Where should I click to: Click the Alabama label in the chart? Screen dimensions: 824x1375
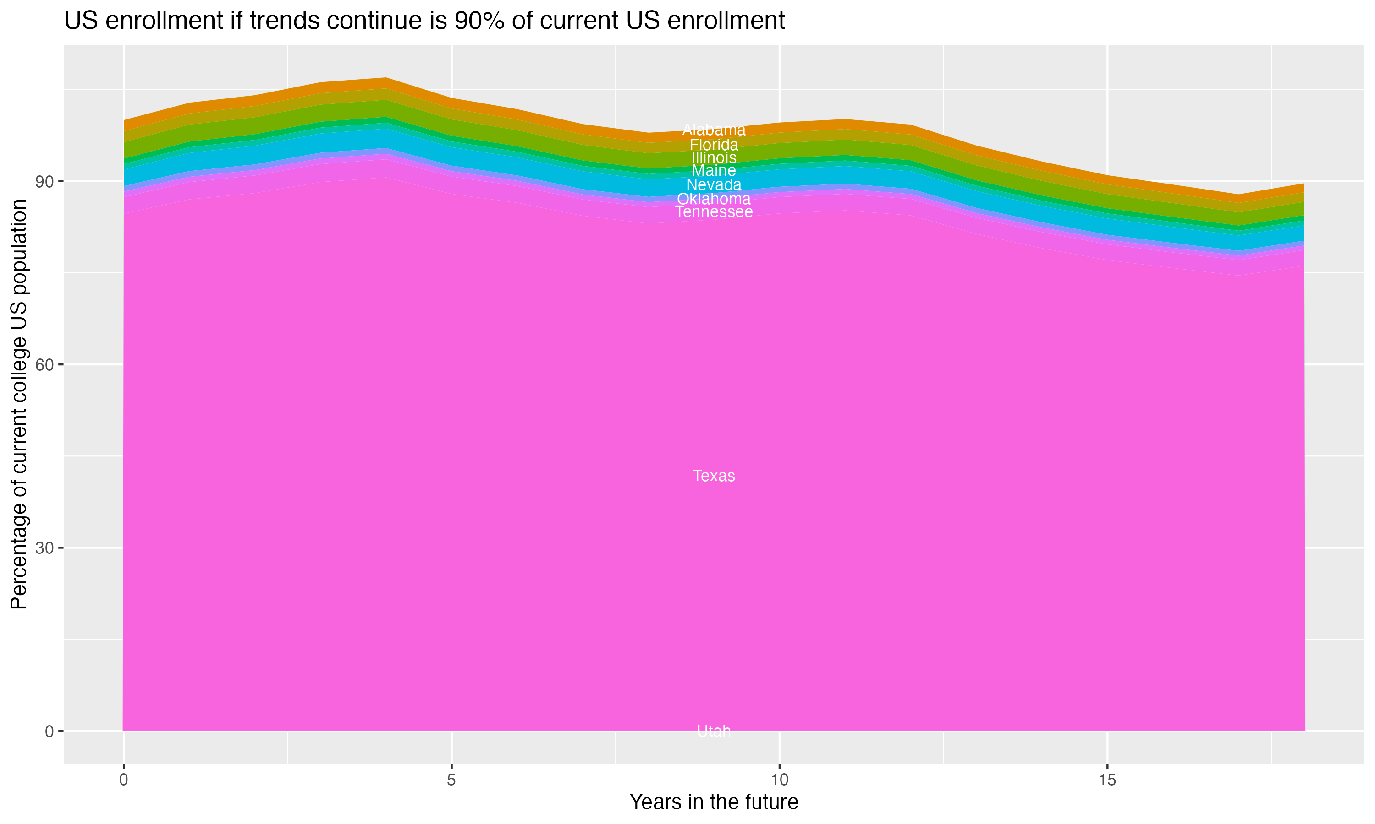[x=714, y=130]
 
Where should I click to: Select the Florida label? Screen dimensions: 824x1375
[x=714, y=145]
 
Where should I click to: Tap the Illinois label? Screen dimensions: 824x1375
[x=714, y=157]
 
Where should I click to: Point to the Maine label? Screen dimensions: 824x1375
[x=714, y=170]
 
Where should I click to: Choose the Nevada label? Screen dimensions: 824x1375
[x=714, y=185]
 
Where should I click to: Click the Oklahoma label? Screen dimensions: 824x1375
[x=714, y=199]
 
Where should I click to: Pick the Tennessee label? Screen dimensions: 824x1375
[x=714, y=212]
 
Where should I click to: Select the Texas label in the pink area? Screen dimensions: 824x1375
[x=714, y=476]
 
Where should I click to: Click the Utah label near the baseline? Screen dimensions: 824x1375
[x=714, y=731]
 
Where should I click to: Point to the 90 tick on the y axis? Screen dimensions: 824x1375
[x=44, y=182]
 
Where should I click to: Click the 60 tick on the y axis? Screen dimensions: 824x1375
[x=44, y=365]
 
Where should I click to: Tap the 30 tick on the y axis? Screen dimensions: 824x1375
[x=44, y=548]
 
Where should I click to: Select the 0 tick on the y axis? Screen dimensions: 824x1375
[x=49, y=731]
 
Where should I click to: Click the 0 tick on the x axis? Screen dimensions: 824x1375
[x=123, y=780]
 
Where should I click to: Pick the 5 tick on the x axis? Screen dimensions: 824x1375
[x=451, y=780]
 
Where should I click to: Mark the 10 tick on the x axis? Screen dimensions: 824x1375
[x=779, y=780]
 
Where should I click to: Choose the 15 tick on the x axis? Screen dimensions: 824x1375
[x=1107, y=780]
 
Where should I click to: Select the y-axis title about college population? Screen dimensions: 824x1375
[x=19, y=404]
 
